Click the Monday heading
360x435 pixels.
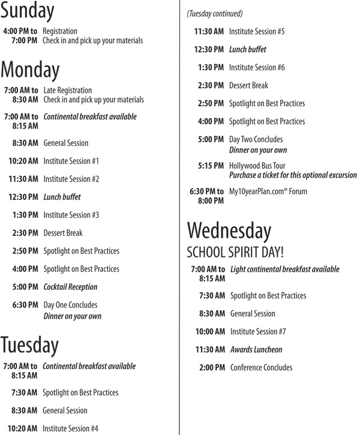pyautogui.click(x=31, y=70)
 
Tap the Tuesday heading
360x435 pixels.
pyautogui.click(x=30, y=345)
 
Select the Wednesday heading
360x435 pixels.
pyautogui.click(x=229, y=231)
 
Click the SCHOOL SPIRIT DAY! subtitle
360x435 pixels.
pyautogui.click(x=236, y=252)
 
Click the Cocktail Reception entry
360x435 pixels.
pyautogui.click(x=70, y=287)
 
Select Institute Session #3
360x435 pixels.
pyautogui.click(x=71, y=215)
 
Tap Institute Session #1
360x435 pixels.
pyautogui.click(x=71, y=161)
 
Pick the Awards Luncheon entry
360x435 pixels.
pyautogui.click(x=256, y=349)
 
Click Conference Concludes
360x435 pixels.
pyautogui.click(x=261, y=367)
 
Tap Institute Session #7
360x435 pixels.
pyautogui.click(x=258, y=331)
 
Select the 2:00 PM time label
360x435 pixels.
pyautogui.click(x=212, y=367)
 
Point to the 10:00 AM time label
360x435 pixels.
pyautogui.click(x=210, y=331)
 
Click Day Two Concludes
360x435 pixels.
pyautogui.click(x=256, y=139)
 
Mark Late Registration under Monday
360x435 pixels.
pyautogui.click(x=68, y=90)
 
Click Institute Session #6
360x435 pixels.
pyautogui.click(x=257, y=67)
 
